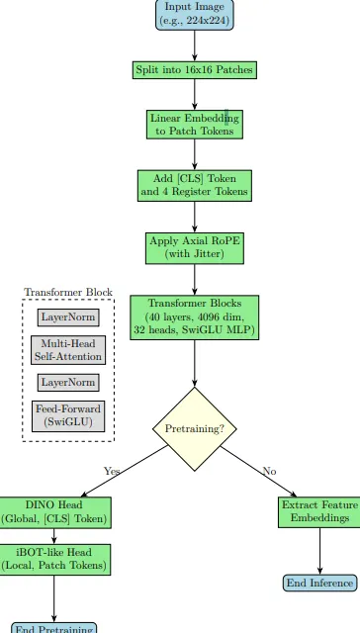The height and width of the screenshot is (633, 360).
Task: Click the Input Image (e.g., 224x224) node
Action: pyautogui.click(x=194, y=15)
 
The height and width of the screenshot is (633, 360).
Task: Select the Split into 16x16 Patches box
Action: pyautogui.click(x=194, y=70)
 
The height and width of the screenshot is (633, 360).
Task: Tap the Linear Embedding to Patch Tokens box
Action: pyautogui.click(x=194, y=125)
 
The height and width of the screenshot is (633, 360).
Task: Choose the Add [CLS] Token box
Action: pyautogui.click(x=194, y=185)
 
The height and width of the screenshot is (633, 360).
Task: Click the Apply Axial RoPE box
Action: pyautogui.click(x=194, y=247)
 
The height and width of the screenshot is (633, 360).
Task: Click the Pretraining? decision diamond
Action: pyautogui.click(x=194, y=429)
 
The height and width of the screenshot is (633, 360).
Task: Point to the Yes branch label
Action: pyautogui.click(x=112, y=472)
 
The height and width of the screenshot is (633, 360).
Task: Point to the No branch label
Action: pyautogui.click(x=269, y=472)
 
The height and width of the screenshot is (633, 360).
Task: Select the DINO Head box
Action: pyautogui.click(x=54, y=511)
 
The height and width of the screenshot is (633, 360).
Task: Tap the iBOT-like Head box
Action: pyautogui.click(x=54, y=559)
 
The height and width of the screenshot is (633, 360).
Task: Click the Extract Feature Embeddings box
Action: pyautogui.click(x=319, y=511)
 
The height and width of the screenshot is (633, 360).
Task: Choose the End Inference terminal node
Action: pyautogui.click(x=319, y=584)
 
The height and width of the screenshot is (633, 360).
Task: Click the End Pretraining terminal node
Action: pyautogui.click(x=54, y=627)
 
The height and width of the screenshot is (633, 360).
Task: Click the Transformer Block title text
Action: pyautogui.click(x=68, y=293)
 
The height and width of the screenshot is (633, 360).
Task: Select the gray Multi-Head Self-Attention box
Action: pyautogui.click(x=68, y=350)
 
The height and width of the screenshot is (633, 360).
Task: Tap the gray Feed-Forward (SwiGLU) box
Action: pyautogui.click(x=68, y=415)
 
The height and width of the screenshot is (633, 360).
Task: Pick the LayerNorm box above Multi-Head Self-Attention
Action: pyautogui.click(x=68, y=317)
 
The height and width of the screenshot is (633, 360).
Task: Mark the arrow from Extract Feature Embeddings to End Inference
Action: pyautogui.click(x=319, y=550)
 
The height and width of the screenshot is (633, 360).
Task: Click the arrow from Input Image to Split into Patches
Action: pyautogui.click(x=194, y=45)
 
